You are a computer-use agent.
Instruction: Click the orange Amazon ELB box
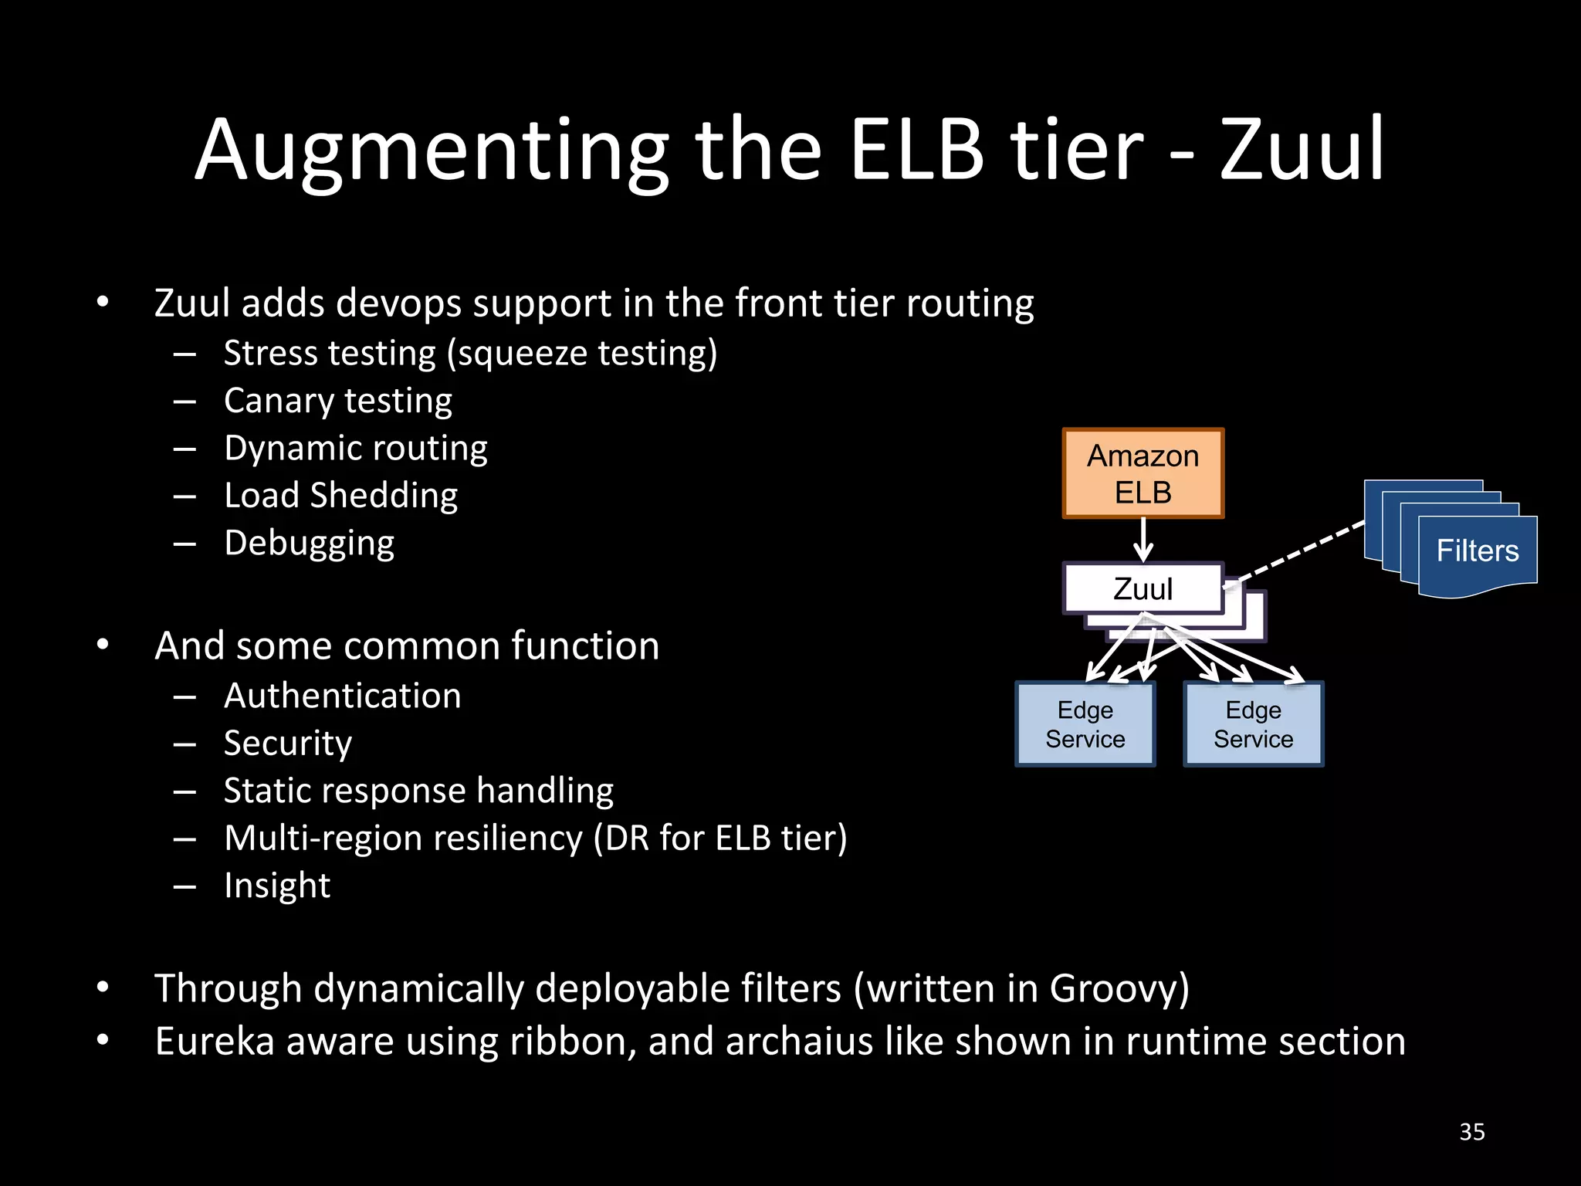tap(1143, 473)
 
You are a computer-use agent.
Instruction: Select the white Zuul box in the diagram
tap(1143, 588)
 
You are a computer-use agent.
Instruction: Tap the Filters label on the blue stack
tap(1477, 551)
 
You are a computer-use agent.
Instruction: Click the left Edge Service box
tap(1085, 724)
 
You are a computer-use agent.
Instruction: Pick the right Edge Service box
tap(1253, 724)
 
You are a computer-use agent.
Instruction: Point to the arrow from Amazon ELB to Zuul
tap(1143, 540)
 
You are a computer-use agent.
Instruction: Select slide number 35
tap(1471, 1132)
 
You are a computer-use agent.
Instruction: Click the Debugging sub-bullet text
tap(309, 543)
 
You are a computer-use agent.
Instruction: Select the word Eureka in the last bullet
tap(215, 1041)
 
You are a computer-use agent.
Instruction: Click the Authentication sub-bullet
tap(342, 696)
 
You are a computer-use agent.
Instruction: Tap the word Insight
tap(277, 886)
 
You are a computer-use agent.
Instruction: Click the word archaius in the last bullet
tap(799, 1041)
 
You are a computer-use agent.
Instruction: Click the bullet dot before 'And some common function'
tap(103, 645)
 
